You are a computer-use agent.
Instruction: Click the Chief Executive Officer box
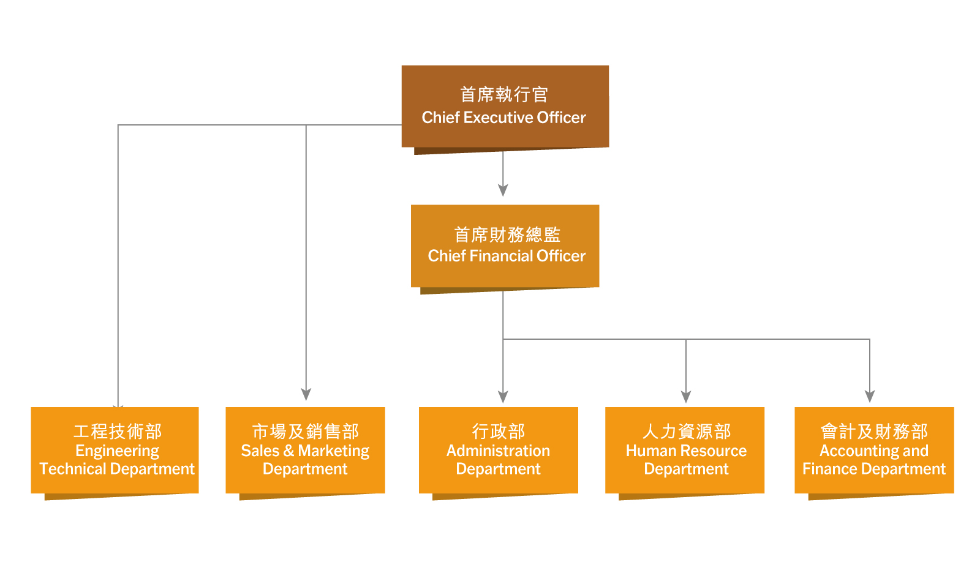click(x=505, y=107)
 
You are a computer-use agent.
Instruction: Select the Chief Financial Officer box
click(x=505, y=246)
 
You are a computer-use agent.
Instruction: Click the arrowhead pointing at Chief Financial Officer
click(x=503, y=190)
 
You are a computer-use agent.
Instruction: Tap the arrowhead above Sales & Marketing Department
click(x=306, y=394)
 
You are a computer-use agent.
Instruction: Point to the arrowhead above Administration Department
click(x=503, y=397)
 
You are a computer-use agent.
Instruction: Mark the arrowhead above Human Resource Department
click(x=686, y=397)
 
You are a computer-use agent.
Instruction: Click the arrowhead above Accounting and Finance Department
click(x=870, y=397)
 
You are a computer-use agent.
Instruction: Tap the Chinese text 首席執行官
click(x=503, y=94)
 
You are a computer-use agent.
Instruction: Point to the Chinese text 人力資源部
click(x=687, y=432)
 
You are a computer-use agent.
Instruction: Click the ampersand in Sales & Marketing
click(x=288, y=451)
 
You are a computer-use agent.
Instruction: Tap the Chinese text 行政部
click(x=499, y=432)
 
